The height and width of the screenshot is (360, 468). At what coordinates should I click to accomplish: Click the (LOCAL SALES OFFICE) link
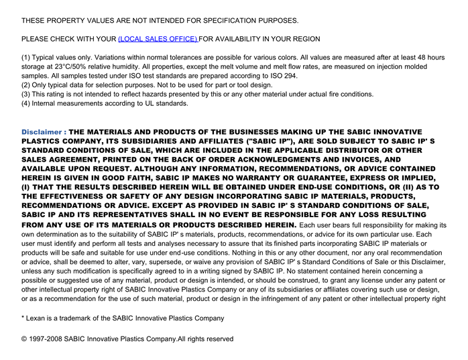(158, 40)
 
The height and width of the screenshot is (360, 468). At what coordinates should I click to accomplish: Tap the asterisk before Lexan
(23, 318)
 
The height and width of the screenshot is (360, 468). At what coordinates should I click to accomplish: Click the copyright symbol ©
(25, 339)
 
